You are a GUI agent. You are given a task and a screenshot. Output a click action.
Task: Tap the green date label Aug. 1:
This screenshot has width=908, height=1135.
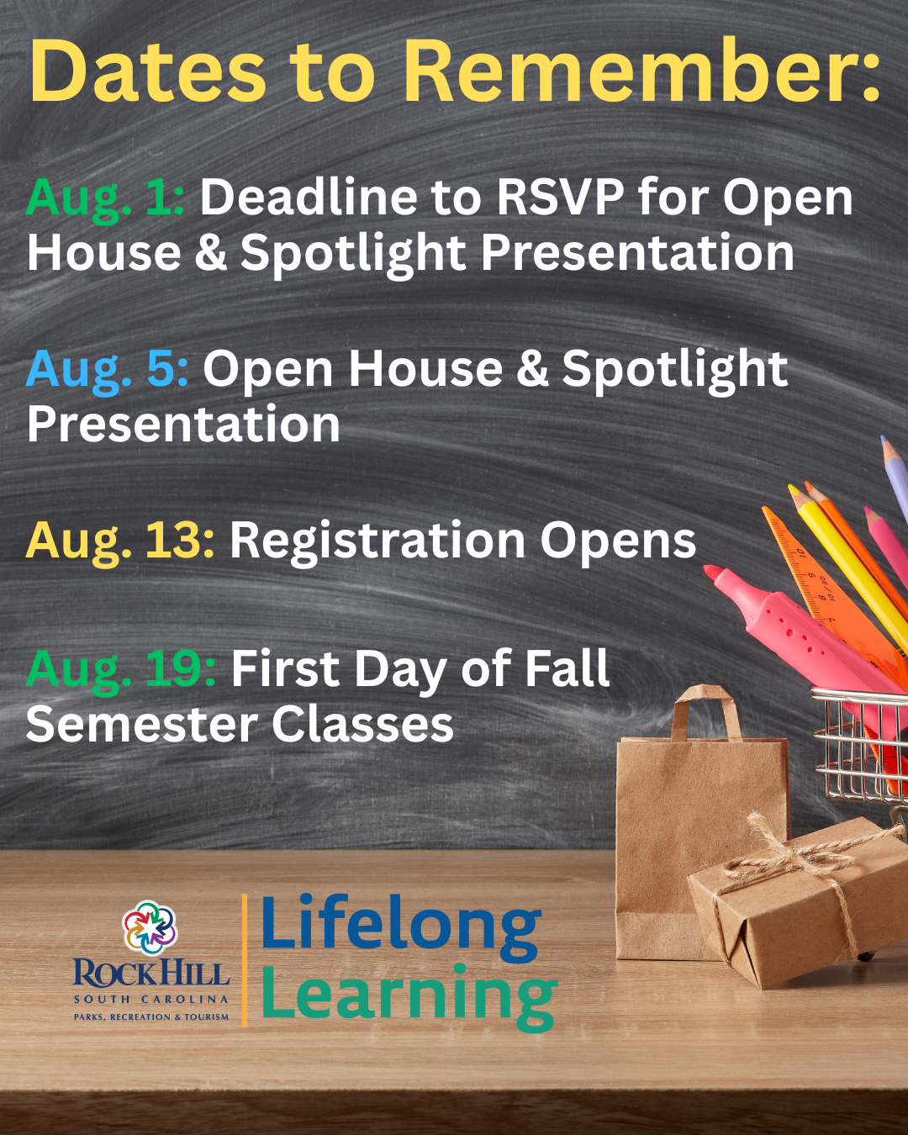[105, 200]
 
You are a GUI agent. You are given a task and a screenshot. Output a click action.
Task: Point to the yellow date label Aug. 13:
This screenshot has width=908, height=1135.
[120, 541]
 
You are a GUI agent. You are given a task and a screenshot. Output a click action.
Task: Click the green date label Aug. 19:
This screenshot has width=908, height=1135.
[121, 671]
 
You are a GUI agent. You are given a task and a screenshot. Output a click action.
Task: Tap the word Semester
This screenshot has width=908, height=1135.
[141, 725]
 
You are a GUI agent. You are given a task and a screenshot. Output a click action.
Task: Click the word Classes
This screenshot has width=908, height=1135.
[362, 725]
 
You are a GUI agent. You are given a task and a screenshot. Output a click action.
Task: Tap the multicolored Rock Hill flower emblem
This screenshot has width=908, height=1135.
[150, 927]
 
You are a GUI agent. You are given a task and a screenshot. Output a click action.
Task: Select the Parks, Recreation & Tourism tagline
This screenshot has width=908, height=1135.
[151, 1016]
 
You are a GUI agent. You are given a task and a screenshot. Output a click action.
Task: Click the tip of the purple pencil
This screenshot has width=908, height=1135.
[884, 441]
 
